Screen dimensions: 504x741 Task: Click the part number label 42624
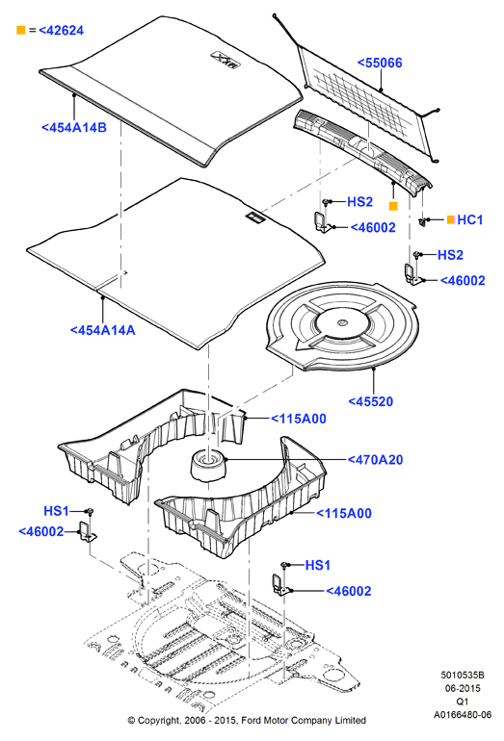coord(61,30)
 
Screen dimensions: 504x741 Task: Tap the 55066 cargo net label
coord(380,63)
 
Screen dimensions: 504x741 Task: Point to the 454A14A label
coord(103,330)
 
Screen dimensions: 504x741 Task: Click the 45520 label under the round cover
coord(371,401)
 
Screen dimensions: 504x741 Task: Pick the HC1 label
coord(470,219)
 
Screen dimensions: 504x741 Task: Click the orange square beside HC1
coord(451,219)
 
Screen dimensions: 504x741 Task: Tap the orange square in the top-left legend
coord(21,30)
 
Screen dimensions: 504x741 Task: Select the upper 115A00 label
coord(299,419)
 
